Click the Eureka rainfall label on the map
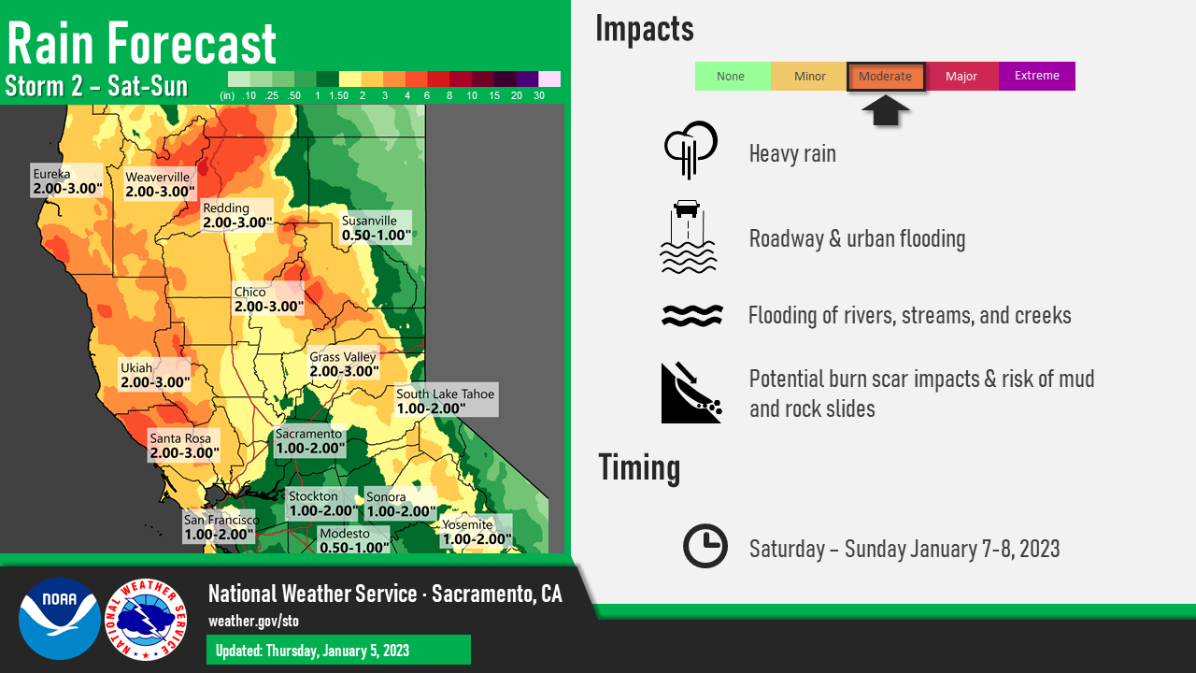[66, 180]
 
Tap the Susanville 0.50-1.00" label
[377, 227]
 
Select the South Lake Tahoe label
[447, 400]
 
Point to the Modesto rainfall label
[354, 539]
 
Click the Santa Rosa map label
[184, 445]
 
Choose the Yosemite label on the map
[477, 532]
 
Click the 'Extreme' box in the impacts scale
[1037, 76]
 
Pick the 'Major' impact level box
[961, 76]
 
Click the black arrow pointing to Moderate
[885, 110]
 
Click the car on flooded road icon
[689, 236]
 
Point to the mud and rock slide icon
[691, 393]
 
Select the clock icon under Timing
[705, 546]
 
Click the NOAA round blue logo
[60, 619]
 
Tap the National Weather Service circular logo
[146, 620]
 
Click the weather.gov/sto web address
[253, 622]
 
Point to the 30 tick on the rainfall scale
[539, 95]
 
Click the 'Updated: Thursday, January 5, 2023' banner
[338, 650]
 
